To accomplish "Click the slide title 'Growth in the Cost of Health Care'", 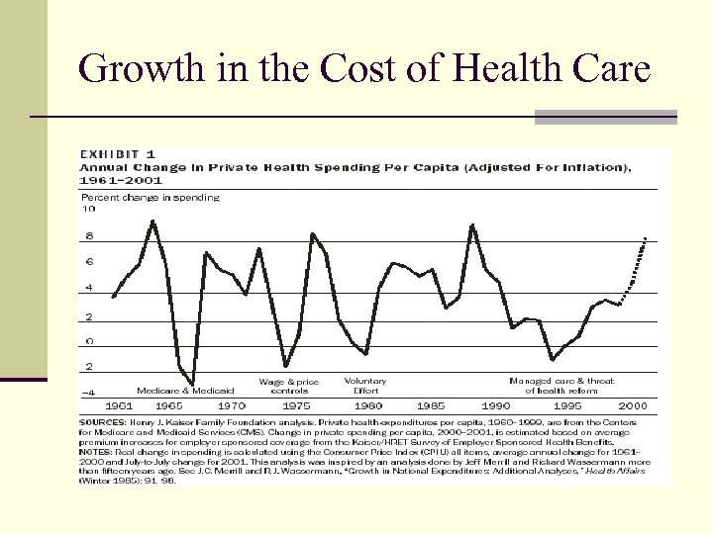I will pyautogui.click(x=363, y=69).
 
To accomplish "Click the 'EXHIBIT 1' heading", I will pyautogui.click(x=117, y=154).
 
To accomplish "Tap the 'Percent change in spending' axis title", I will pyautogui.click(x=150, y=198).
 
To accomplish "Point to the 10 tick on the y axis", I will pyautogui.click(x=88, y=210).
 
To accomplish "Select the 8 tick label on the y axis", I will pyautogui.click(x=90, y=236).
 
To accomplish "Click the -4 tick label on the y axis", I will pyautogui.click(x=88, y=392).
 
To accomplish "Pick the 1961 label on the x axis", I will pyautogui.click(x=118, y=405).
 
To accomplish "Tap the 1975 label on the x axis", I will pyautogui.click(x=296, y=405).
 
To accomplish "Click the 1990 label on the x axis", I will pyautogui.click(x=496, y=405).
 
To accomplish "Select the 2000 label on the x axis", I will pyautogui.click(x=633, y=405).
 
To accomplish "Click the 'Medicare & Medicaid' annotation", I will pyautogui.click(x=185, y=391).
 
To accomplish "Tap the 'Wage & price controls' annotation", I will pyautogui.click(x=289, y=386).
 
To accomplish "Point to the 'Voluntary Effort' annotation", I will pyautogui.click(x=365, y=386).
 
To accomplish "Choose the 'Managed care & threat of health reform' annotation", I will pyautogui.click(x=561, y=386).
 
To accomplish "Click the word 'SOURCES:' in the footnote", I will pyautogui.click(x=102, y=421).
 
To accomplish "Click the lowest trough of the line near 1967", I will pyautogui.click(x=192, y=385).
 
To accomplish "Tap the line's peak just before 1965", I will pyautogui.click(x=153, y=221).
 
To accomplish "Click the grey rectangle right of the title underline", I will pyautogui.click(x=605, y=117).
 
